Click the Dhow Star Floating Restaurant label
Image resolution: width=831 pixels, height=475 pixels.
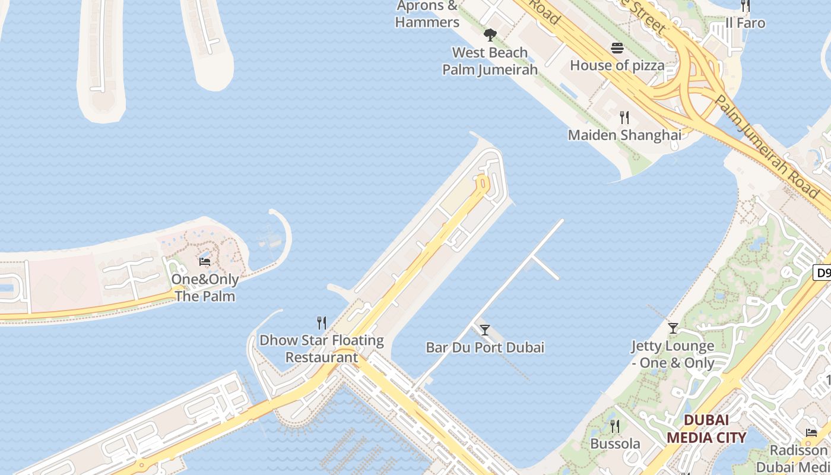pyautogui.click(x=322, y=349)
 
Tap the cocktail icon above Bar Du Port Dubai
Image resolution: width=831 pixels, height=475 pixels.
pyautogui.click(x=485, y=330)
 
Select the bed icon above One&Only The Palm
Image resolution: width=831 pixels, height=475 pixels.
pyautogui.click(x=205, y=261)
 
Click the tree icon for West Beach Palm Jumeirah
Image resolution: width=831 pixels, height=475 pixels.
pyautogui.click(x=490, y=35)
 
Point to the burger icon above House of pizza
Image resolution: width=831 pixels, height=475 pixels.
pyautogui.click(x=617, y=48)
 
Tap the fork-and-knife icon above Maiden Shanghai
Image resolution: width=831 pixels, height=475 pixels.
pyautogui.click(x=624, y=117)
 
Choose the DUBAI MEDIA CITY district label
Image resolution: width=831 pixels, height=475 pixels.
pyautogui.click(x=706, y=429)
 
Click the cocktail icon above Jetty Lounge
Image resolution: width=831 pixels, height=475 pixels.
pyautogui.click(x=673, y=328)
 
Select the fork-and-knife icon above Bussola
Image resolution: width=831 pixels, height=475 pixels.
pyautogui.click(x=615, y=426)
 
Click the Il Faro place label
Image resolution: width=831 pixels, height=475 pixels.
pyautogui.click(x=746, y=23)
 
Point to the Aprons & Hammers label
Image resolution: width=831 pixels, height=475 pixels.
pyautogui.click(x=427, y=14)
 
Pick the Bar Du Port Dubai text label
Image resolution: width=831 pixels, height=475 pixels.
pyautogui.click(x=485, y=347)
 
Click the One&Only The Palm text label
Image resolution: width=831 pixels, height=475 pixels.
pyautogui.click(x=205, y=287)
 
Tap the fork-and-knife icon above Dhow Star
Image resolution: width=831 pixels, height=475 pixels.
pyautogui.click(x=322, y=323)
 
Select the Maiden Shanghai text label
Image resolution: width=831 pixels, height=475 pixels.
pyautogui.click(x=624, y=135)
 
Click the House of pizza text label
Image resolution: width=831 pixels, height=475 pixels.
pyautogui.click(x=617, y=65)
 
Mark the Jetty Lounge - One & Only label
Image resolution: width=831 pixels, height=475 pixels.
pyautogui.click(x=673, y=354)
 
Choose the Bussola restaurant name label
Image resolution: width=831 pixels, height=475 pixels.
pyautogui.click(x=615, y=444)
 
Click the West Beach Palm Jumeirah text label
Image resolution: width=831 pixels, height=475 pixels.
pyautogui.click(x=490, y=61)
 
